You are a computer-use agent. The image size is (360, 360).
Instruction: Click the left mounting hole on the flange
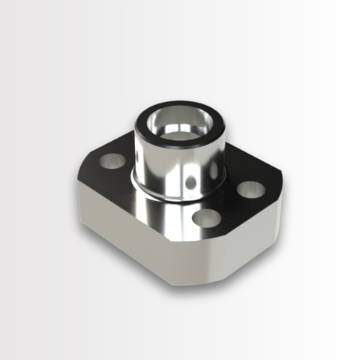click(113, 160)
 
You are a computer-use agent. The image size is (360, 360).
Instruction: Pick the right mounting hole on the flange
click(250, 188)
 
